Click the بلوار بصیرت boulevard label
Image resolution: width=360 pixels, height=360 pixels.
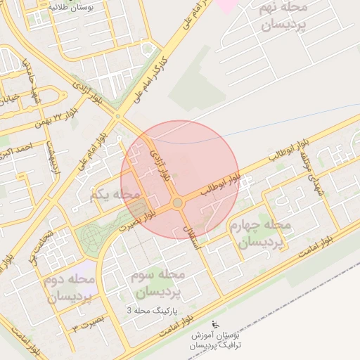coord(137,221)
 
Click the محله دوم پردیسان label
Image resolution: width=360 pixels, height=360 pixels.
coord(70,288)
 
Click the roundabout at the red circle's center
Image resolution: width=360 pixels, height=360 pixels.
coord(178,203)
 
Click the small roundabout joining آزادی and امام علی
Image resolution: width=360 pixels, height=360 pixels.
coord(118,116)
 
